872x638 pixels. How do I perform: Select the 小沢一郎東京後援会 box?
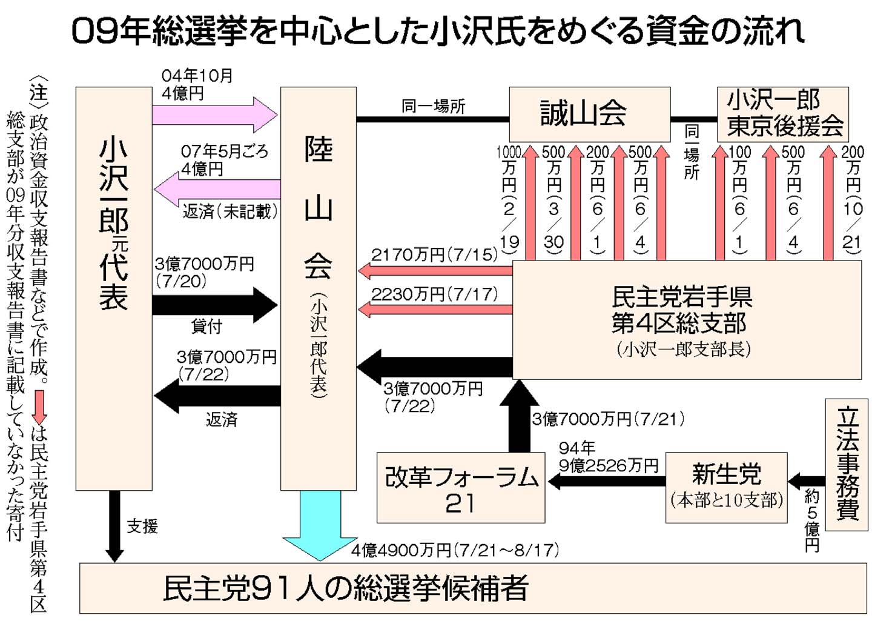point(782,114)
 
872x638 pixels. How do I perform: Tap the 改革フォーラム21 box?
point(460,488)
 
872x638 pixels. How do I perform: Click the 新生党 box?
point(726,487)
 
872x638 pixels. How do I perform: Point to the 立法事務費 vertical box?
point(846,465)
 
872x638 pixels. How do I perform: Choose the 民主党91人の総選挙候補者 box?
point(472,588)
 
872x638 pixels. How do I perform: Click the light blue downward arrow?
point(320,527)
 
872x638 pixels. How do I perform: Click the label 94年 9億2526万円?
point(607,457)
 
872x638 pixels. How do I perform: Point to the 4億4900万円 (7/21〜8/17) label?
point(455,550)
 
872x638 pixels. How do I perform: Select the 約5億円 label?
point(811,520)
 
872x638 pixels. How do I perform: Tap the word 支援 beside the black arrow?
point(142,527)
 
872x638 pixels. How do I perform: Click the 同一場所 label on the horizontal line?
point(433,107)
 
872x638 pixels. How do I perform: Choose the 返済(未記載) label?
point(230,211)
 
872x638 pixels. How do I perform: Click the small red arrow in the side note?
point(39,407)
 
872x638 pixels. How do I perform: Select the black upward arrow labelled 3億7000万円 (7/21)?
point(519,418)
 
